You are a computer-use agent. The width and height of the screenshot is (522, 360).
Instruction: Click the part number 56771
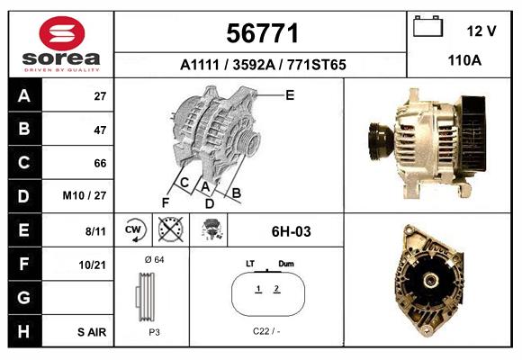(262, 33)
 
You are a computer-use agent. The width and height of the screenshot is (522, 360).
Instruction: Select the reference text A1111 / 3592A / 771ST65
(262, 65)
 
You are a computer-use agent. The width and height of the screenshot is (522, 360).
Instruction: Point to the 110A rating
(464, 60)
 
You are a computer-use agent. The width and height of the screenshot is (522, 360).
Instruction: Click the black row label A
(24, 96)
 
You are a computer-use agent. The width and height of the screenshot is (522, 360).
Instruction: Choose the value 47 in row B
(99, 130)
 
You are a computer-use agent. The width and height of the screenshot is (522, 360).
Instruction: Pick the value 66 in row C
(99, 163)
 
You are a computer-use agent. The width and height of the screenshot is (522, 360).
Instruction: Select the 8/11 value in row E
(95, 230)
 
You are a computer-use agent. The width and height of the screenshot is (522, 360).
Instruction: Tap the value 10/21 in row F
(94, 264)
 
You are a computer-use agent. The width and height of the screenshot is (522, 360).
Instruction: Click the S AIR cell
(92, 331)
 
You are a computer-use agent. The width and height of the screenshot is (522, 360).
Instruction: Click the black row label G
(24, 297)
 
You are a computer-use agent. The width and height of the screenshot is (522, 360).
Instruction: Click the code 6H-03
(291, 231)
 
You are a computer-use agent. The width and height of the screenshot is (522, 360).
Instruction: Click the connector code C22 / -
(266, 332)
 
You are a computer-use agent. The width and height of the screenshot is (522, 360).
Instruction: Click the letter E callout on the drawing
(290, 94)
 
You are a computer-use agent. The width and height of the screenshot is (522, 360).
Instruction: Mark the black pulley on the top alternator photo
(376, 142)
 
